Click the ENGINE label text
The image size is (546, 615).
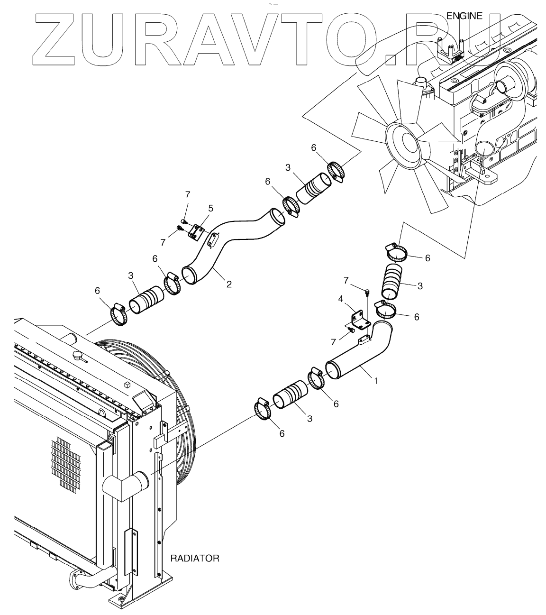click(x=464, y=16)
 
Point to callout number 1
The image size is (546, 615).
click(x=376, y=380)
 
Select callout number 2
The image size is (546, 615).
click(x=229, y=284)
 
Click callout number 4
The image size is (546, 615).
click(x=340, y=299)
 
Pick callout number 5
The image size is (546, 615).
click(x=210, y=208)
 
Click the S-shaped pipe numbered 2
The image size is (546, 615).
click(x=227, y=247)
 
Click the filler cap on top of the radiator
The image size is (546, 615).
click(x=77, y=355)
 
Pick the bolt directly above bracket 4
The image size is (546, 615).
click(x=367, y=292)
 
